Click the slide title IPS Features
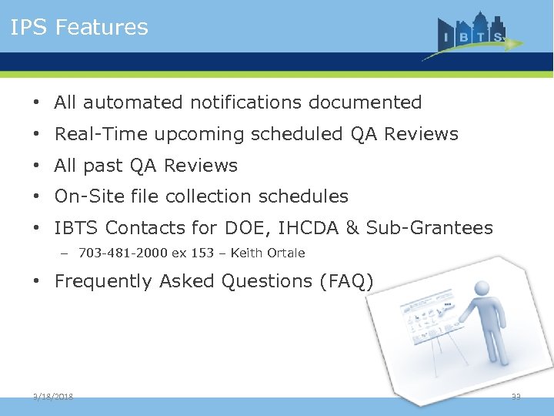(x=78, y=28)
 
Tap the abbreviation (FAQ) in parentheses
(x=345, y=282)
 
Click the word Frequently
(x=104, y=282)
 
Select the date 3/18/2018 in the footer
(x=53, y=397)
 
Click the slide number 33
(x=516, y=397)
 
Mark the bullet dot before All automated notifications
(x=37, y=103)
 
